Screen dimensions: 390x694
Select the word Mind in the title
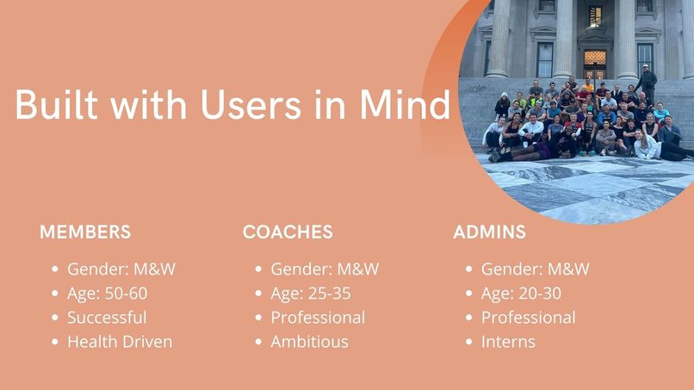tap(405, 105)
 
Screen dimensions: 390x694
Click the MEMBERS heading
tap(85, 232)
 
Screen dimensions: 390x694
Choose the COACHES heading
tap(288, 232)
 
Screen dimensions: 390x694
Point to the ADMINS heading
tap(489, 232)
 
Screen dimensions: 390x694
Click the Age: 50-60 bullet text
tap(107, 294)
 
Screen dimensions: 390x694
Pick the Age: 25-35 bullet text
tap(311, 294)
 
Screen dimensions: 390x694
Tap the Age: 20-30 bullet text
tap(521, 294)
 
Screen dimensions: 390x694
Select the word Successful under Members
tap(107, 318)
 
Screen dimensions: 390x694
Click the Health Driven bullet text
tap(120, 342)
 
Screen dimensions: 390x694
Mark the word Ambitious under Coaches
tap(309, 342)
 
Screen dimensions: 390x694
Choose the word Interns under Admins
tap(508, 342)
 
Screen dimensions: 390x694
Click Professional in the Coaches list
tap(318, 318)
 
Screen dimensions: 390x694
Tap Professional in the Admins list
tap(528, 318)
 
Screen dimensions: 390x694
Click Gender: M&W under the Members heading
tap(121, 269)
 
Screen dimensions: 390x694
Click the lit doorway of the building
tap(595, 62)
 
